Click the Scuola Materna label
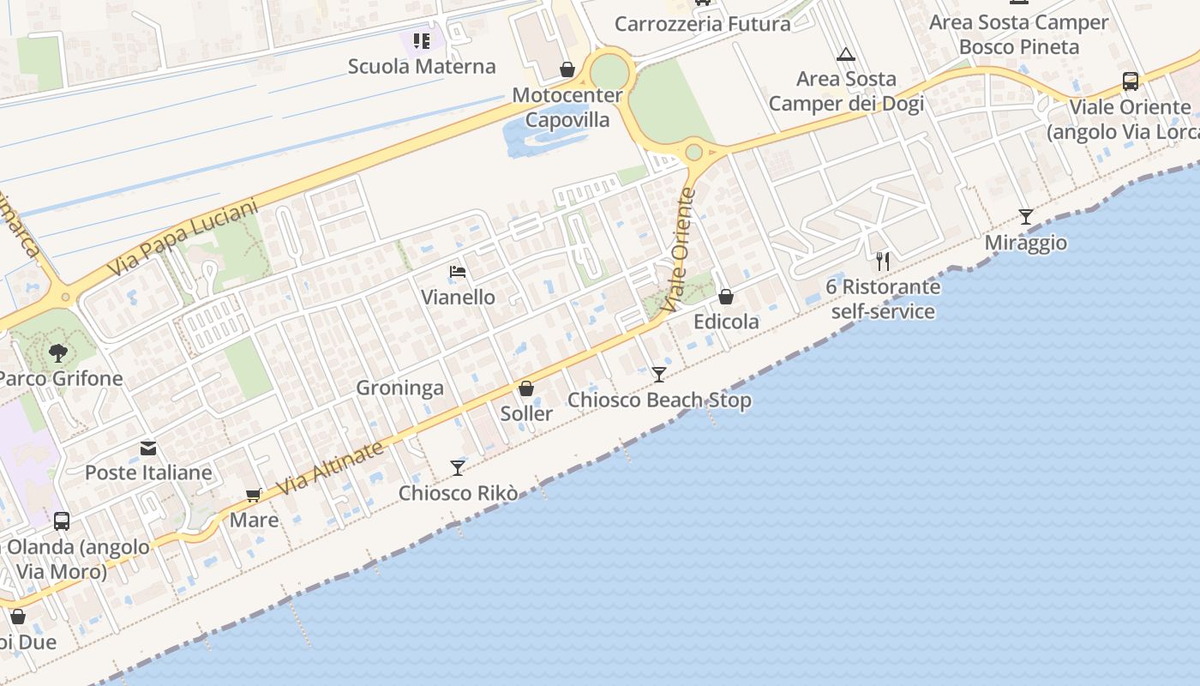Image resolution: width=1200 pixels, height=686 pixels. (422, 66)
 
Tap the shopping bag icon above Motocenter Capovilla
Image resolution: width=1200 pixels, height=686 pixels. (567, 69)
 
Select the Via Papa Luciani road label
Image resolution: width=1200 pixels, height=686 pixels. (183, 238)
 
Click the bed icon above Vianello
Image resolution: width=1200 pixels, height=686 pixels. (458, 273)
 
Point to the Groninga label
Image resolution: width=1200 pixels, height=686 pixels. (399, 388)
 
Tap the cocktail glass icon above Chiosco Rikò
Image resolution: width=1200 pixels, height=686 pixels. (458, 467)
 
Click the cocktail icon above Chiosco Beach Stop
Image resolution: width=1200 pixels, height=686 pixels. (659, 374)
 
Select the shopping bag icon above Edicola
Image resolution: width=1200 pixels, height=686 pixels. (726, 297)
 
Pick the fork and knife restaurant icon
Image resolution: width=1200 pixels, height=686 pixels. (883, 261)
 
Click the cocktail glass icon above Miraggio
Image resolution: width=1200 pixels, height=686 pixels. (1025, 217)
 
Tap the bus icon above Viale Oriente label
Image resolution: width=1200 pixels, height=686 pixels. (1131, 81)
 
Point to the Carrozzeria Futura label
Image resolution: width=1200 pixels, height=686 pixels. (703, 24)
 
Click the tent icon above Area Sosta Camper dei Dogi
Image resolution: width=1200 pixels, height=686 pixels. (846, 55)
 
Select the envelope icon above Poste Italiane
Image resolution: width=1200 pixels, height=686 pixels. (148, 448)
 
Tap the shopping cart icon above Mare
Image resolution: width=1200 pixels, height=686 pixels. (254, 495)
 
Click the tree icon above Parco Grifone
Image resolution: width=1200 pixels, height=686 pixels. (58, 352)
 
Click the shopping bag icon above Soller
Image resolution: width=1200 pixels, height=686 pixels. (526, 388)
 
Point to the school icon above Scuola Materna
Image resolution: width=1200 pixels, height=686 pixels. (421, 40)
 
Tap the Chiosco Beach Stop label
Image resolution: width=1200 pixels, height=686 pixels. (659, 400)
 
